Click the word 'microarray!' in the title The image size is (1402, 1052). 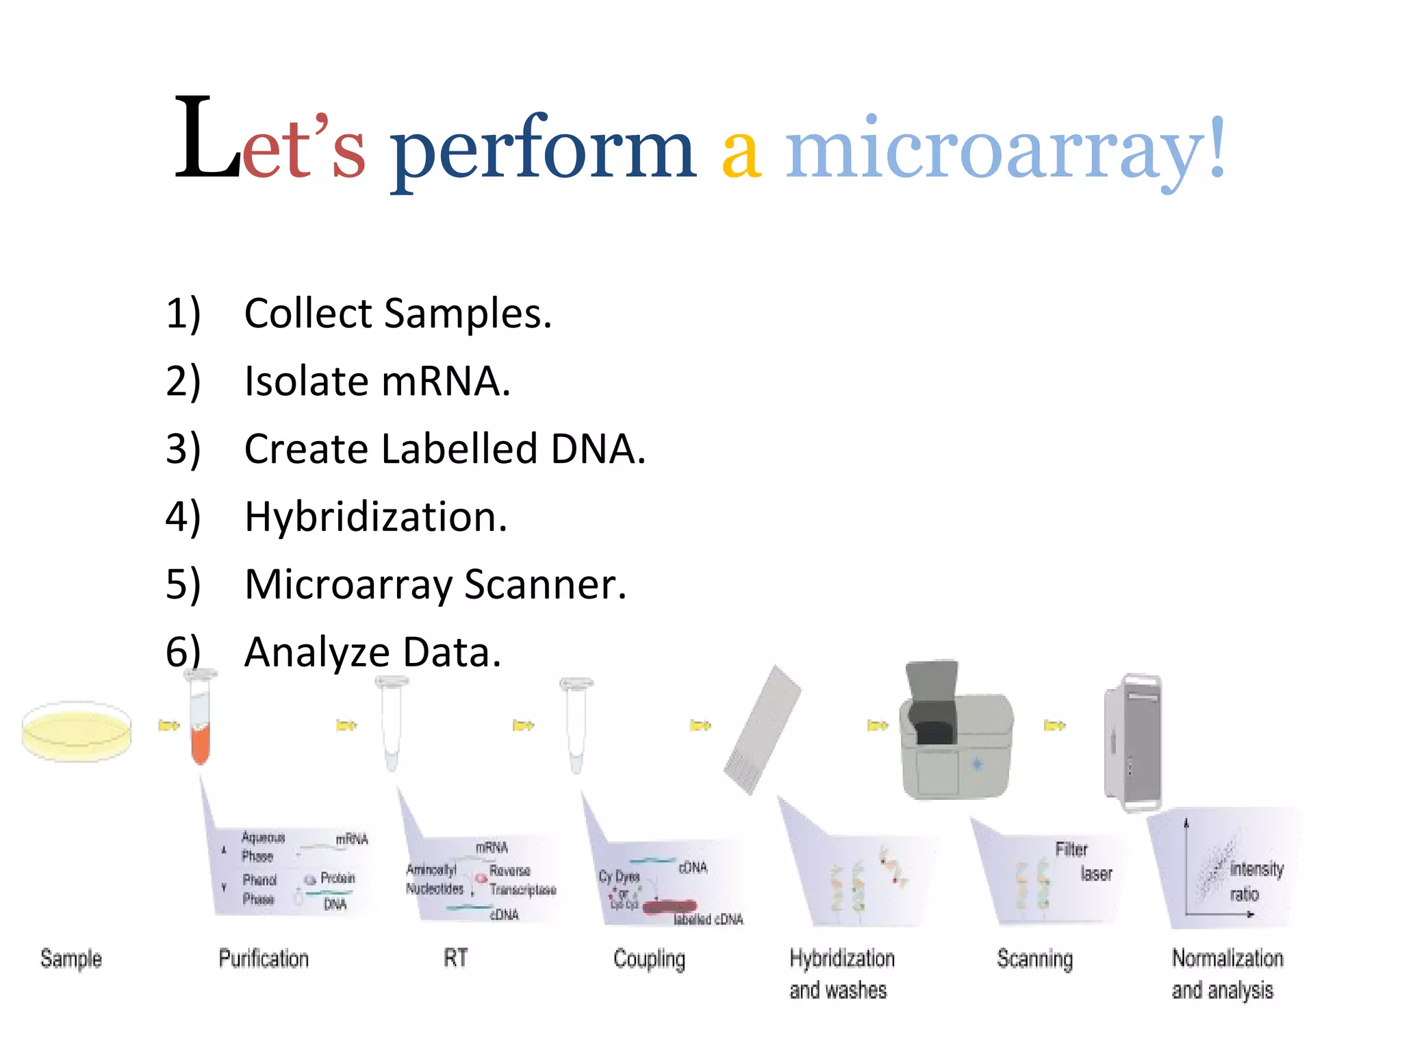[x=1005, y=147]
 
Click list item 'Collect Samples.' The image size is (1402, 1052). [x=397, y=314]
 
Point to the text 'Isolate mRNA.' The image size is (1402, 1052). [x=377, y=381]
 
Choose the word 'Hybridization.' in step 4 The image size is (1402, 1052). [x=376, y=516]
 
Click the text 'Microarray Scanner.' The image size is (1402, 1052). [x=435, y=584]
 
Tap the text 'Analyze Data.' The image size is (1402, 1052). [x=373, y=652]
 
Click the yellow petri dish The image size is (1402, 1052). [x=77, y=731]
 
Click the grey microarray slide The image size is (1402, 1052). [x=762, y=730]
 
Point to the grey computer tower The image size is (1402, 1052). [x=1132, y=741]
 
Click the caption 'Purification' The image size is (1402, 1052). [x=264, y=958]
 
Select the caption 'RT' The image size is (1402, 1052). [x=456, y=957]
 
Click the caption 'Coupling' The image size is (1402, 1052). [x=649, y=959]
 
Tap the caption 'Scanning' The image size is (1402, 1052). [x=1034, y=958]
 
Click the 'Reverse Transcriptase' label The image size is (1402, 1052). [x=521, y=880]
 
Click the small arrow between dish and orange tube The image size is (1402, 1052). [x=168, y=725]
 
